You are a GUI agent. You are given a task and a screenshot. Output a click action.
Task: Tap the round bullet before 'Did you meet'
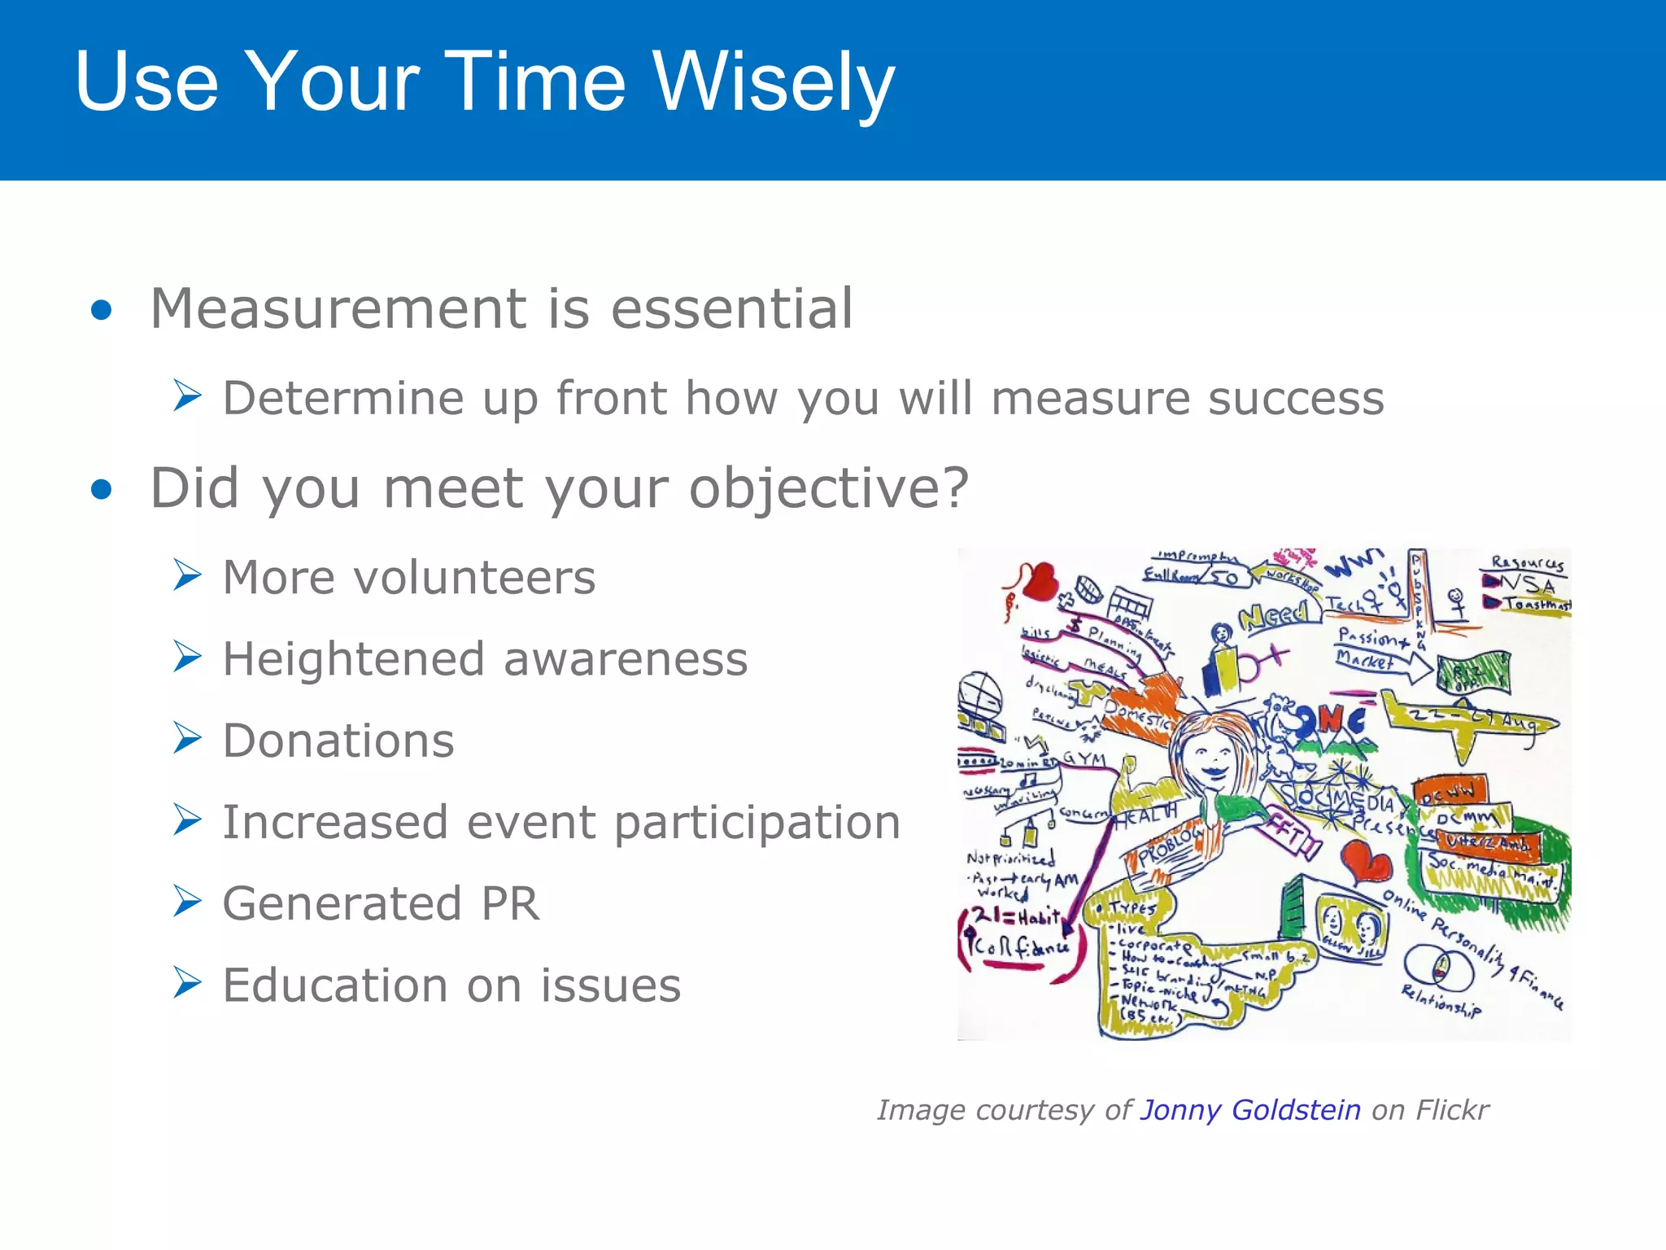coord(102,489)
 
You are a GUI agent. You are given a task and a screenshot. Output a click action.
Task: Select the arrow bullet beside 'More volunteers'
coord(187,575)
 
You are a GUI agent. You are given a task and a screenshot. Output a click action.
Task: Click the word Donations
coord(338,741)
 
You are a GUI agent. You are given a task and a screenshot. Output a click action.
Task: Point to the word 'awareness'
coord(625,659)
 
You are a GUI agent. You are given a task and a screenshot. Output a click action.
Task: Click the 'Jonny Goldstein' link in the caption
coord(1250,1110)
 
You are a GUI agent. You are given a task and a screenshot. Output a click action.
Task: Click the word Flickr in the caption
coord(1452,1110)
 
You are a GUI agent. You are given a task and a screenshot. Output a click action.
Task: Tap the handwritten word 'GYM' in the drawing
coord(1084,758)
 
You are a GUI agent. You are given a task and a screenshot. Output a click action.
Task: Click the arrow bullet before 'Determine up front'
coord(187,396)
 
